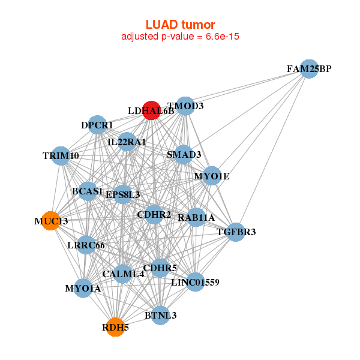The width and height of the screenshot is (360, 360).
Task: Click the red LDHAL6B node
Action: [151, 110]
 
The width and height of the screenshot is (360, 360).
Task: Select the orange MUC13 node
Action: [52, 221]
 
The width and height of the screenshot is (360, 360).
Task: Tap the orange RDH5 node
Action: [115, 327]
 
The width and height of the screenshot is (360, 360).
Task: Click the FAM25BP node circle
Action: [309, 69]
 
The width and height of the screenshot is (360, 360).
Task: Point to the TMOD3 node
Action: [186, 106]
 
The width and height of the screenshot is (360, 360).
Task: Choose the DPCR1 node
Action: [97, 125]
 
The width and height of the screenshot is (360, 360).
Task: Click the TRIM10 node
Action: [61, 156]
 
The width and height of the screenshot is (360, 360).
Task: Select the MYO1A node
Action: [83, 289]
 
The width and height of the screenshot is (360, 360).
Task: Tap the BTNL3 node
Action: [160, 315]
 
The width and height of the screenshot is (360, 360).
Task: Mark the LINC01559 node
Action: [195, 281]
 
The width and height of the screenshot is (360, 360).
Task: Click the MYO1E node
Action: [211, 176]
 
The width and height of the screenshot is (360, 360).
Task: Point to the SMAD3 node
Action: [184, 154]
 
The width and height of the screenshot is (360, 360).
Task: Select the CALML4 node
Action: [123, 274]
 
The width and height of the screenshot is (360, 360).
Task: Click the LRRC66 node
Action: [86, 245]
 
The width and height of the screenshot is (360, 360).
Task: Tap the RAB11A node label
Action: [196, 217]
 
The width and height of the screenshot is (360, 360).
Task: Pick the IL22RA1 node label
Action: [127, 142]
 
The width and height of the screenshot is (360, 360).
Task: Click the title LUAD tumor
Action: [180, 25]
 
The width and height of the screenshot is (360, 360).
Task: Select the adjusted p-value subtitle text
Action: [180, 37]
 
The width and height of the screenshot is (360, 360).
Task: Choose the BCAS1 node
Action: [88, 191]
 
